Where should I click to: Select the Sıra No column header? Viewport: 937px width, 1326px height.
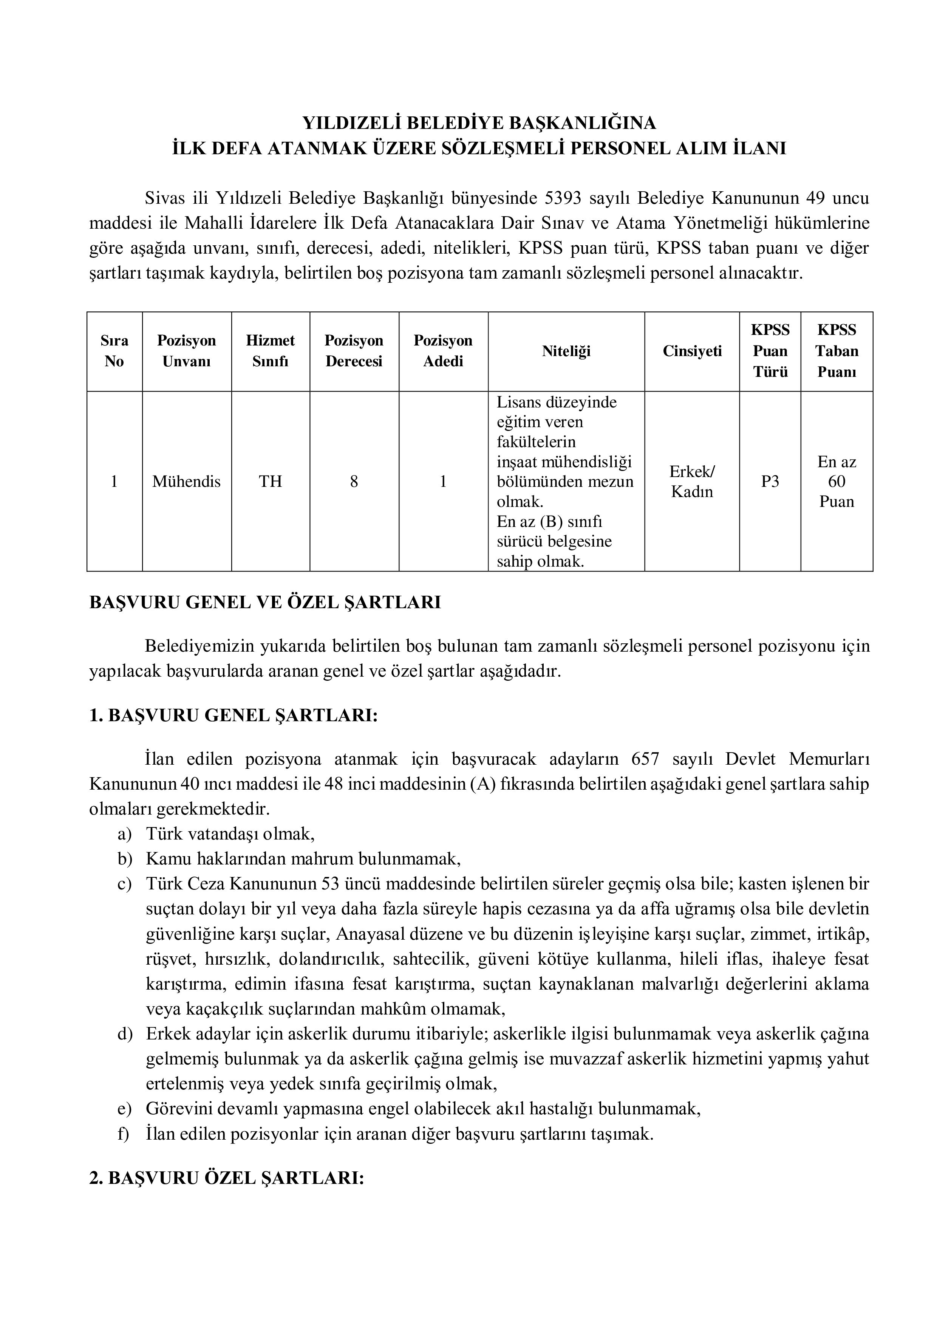tap(114, 351)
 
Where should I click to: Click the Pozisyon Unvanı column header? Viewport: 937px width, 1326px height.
tap(187, 351)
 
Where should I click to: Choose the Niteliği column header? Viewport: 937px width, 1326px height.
tap(566, 351)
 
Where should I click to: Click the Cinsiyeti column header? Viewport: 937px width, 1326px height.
tap(692, 351)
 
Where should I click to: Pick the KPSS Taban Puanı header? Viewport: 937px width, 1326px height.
tap(836, 351)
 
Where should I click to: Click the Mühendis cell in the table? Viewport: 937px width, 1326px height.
tap(187, 482)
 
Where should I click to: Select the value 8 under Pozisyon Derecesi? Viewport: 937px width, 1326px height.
tap(354, 482)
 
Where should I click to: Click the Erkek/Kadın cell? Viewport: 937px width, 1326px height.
tap(692, 482)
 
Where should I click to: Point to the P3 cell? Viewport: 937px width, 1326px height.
tap(770, 482)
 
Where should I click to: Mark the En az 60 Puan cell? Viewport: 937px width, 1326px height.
tap(836, 482)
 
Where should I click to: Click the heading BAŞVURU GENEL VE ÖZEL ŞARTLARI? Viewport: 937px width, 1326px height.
tap(265, 603)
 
